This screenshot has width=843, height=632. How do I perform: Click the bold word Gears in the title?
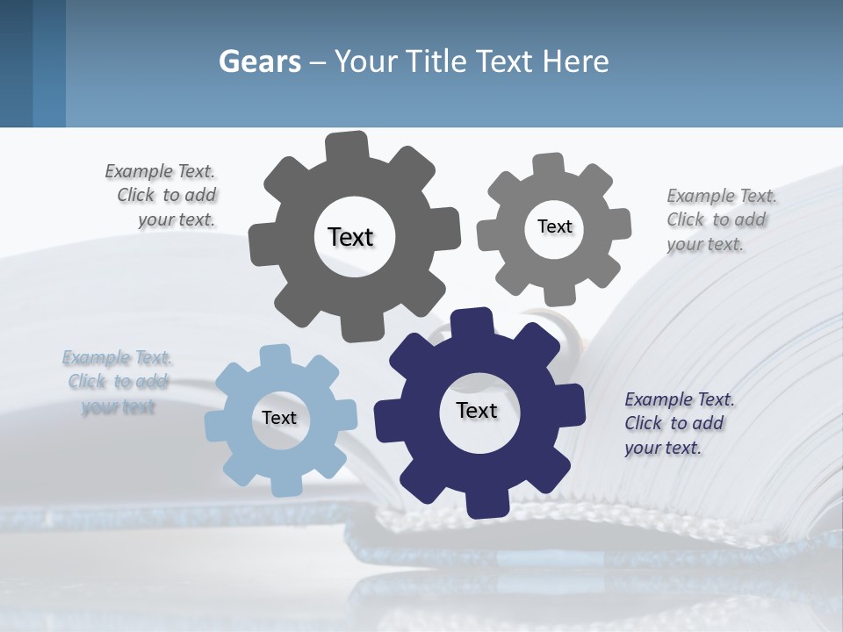tap(260, 61)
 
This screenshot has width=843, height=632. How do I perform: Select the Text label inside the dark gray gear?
tap(350, 237)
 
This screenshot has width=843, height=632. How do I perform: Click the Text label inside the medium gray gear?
tap(554, 226)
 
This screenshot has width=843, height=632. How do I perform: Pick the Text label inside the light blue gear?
tap(279, 418)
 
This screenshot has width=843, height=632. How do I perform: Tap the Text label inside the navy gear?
tap(477, 410)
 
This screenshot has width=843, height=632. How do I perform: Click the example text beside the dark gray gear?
tap(162, 196)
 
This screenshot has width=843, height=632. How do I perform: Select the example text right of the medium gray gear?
tap(721, 220)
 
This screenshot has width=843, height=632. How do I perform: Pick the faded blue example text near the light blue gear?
tap(118, 382)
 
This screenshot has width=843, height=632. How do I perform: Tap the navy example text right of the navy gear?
tap(679, 423)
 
